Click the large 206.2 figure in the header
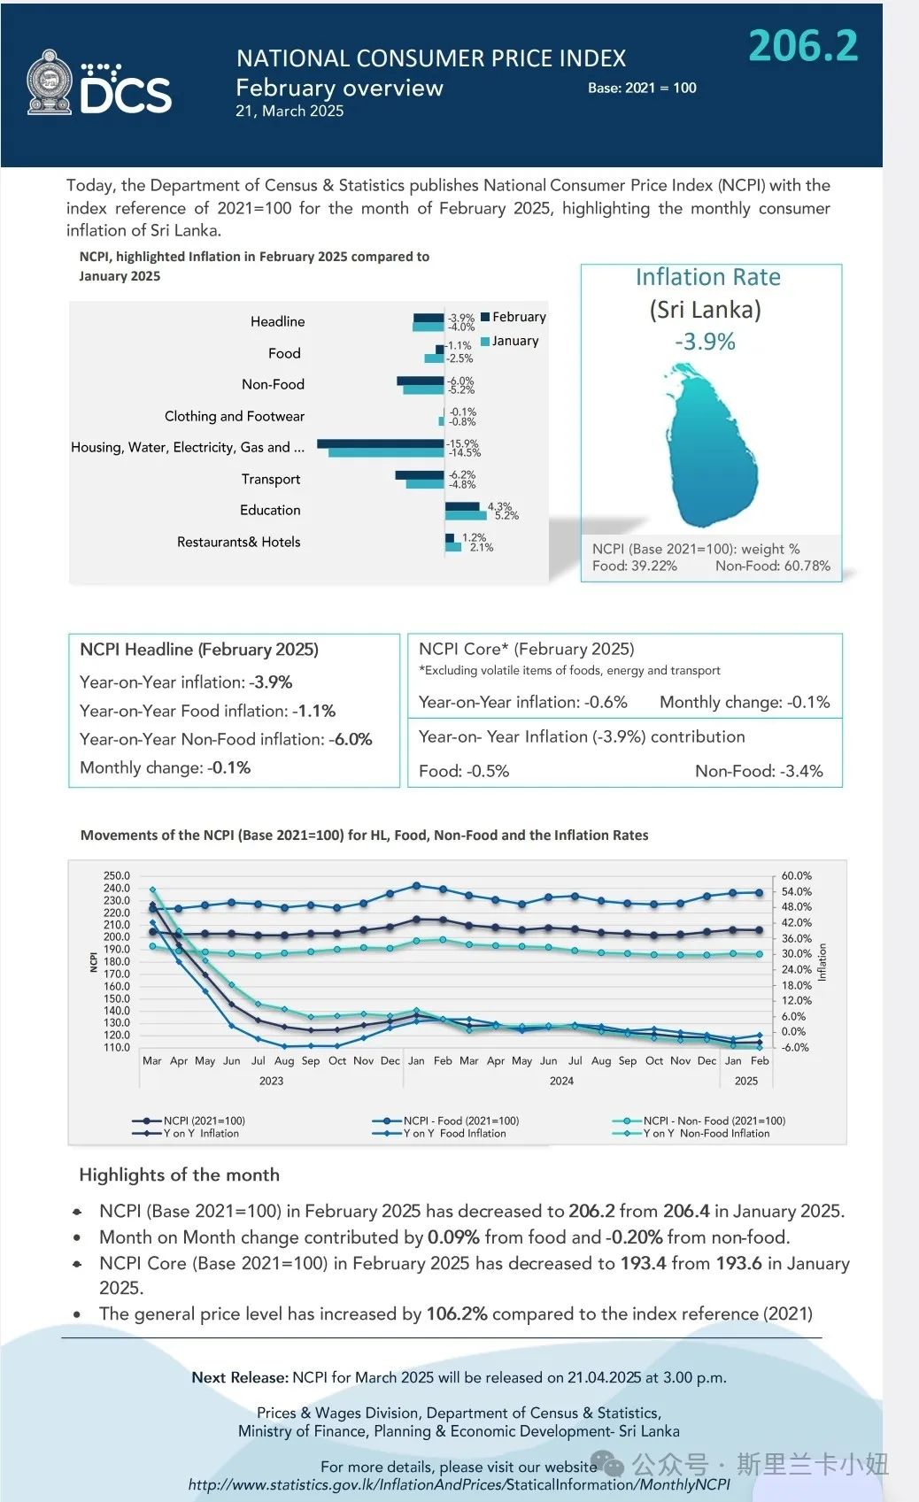803,46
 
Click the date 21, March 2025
290,112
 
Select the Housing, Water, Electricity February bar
381,443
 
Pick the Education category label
270,511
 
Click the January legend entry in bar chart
510,341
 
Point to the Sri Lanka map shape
710,445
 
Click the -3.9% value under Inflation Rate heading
705,342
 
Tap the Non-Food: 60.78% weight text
773,566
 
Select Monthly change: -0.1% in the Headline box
165,767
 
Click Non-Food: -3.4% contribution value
759,771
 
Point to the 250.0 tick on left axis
117,875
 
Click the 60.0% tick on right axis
796,875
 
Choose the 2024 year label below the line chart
561,1081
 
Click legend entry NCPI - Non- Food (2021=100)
699,1121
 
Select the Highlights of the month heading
179,1175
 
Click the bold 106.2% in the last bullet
457,1313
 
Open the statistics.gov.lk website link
459,1484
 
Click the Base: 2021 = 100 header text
642,88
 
